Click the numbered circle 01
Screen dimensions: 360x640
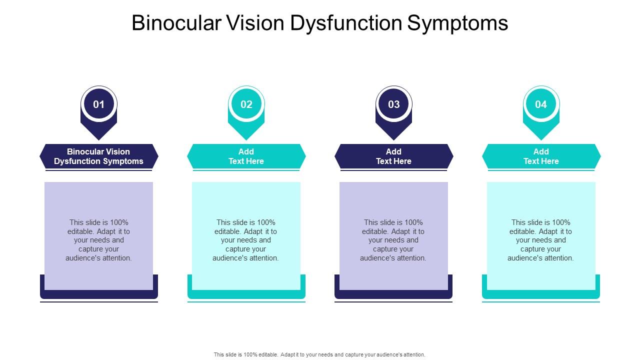click(x=99, y=104)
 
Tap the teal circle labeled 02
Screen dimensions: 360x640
click(x=246, y=104)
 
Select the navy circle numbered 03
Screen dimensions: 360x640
click(x=394, y=104)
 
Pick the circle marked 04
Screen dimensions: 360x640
click(x=541, y=104)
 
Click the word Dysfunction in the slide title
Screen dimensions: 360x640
click(x=346, y=23)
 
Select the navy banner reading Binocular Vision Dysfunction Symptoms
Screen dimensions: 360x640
click(x=99, y=156)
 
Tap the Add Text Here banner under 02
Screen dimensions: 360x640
click(x=246, y=156)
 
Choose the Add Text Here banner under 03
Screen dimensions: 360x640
click(x=394, y=156)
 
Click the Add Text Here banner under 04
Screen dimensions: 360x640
click(x=541, y=156)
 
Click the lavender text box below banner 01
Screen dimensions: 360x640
click(x=99, y=235)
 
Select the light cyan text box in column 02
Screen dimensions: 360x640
click(x=246, y=235)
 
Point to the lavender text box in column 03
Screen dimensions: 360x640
click(x=393, y=235)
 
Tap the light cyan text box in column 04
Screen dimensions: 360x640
click(x=541, y=235)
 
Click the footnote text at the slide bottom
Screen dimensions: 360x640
click(x=319, y=354)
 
